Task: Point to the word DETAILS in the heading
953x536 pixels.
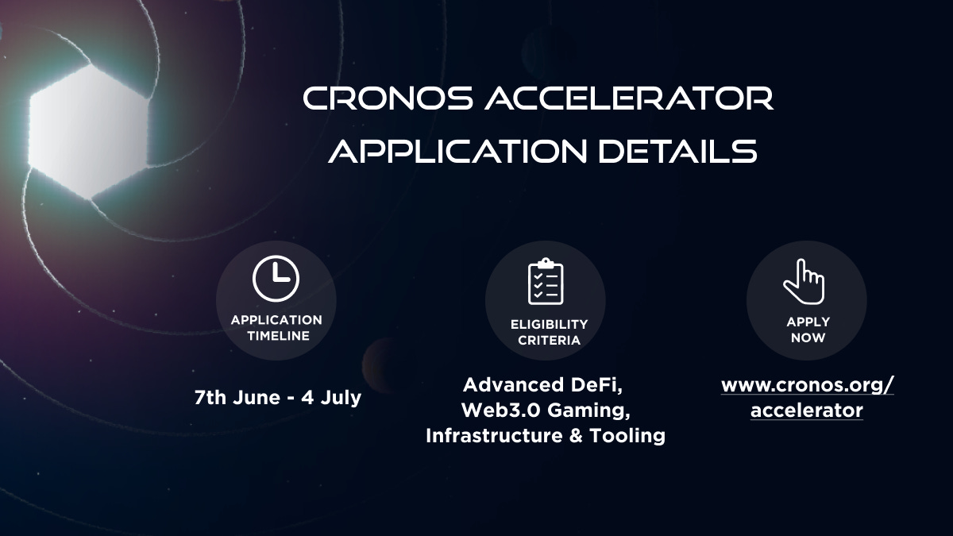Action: coord(688,150)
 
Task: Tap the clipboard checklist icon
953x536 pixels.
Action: coord(546,281)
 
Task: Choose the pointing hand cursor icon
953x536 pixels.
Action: coord(804,282)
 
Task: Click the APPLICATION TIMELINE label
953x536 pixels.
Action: coord(276,328)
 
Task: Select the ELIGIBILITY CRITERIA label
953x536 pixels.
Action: coord(549,332)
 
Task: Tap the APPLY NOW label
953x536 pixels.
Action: coord(808,330)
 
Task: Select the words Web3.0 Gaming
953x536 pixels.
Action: coord(545,411)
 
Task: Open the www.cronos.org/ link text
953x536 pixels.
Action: coord(807,385)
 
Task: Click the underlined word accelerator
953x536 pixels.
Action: coord(807,411)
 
